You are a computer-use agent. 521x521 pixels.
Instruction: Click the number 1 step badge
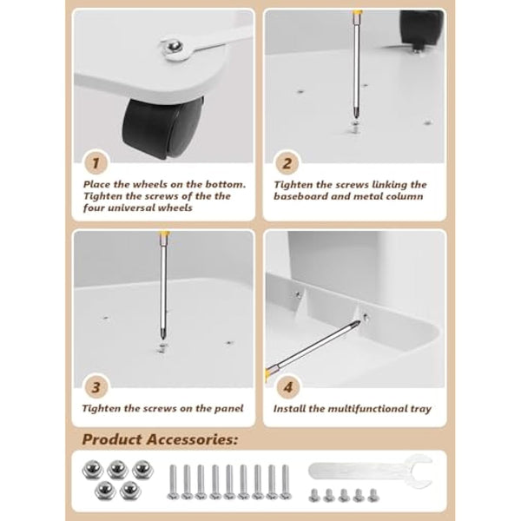click(96, 162)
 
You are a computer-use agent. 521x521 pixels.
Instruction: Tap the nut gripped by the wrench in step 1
click(175, 48)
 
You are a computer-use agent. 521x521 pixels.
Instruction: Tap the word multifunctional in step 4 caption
click(366, 408)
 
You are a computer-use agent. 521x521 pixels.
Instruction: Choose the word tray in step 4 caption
click(419, 408)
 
